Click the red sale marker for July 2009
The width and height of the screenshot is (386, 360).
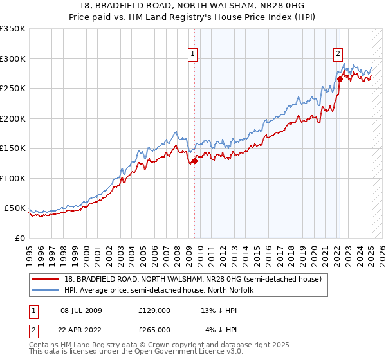[194, 161]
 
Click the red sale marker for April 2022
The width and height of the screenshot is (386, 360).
[340, 80]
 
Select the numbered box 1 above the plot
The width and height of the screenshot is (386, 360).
[193, 54]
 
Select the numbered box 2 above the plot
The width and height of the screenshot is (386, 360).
[338, 54]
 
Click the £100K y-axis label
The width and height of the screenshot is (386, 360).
[13, 178]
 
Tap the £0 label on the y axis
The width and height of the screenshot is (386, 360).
[19, 238]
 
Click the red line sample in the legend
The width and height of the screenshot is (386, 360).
[45, 279]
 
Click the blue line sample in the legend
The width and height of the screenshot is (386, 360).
[45, 290]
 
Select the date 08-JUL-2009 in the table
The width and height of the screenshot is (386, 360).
[82, 310]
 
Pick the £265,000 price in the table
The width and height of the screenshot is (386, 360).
[154, 330]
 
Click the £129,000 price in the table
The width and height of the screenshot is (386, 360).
[154, 310]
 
